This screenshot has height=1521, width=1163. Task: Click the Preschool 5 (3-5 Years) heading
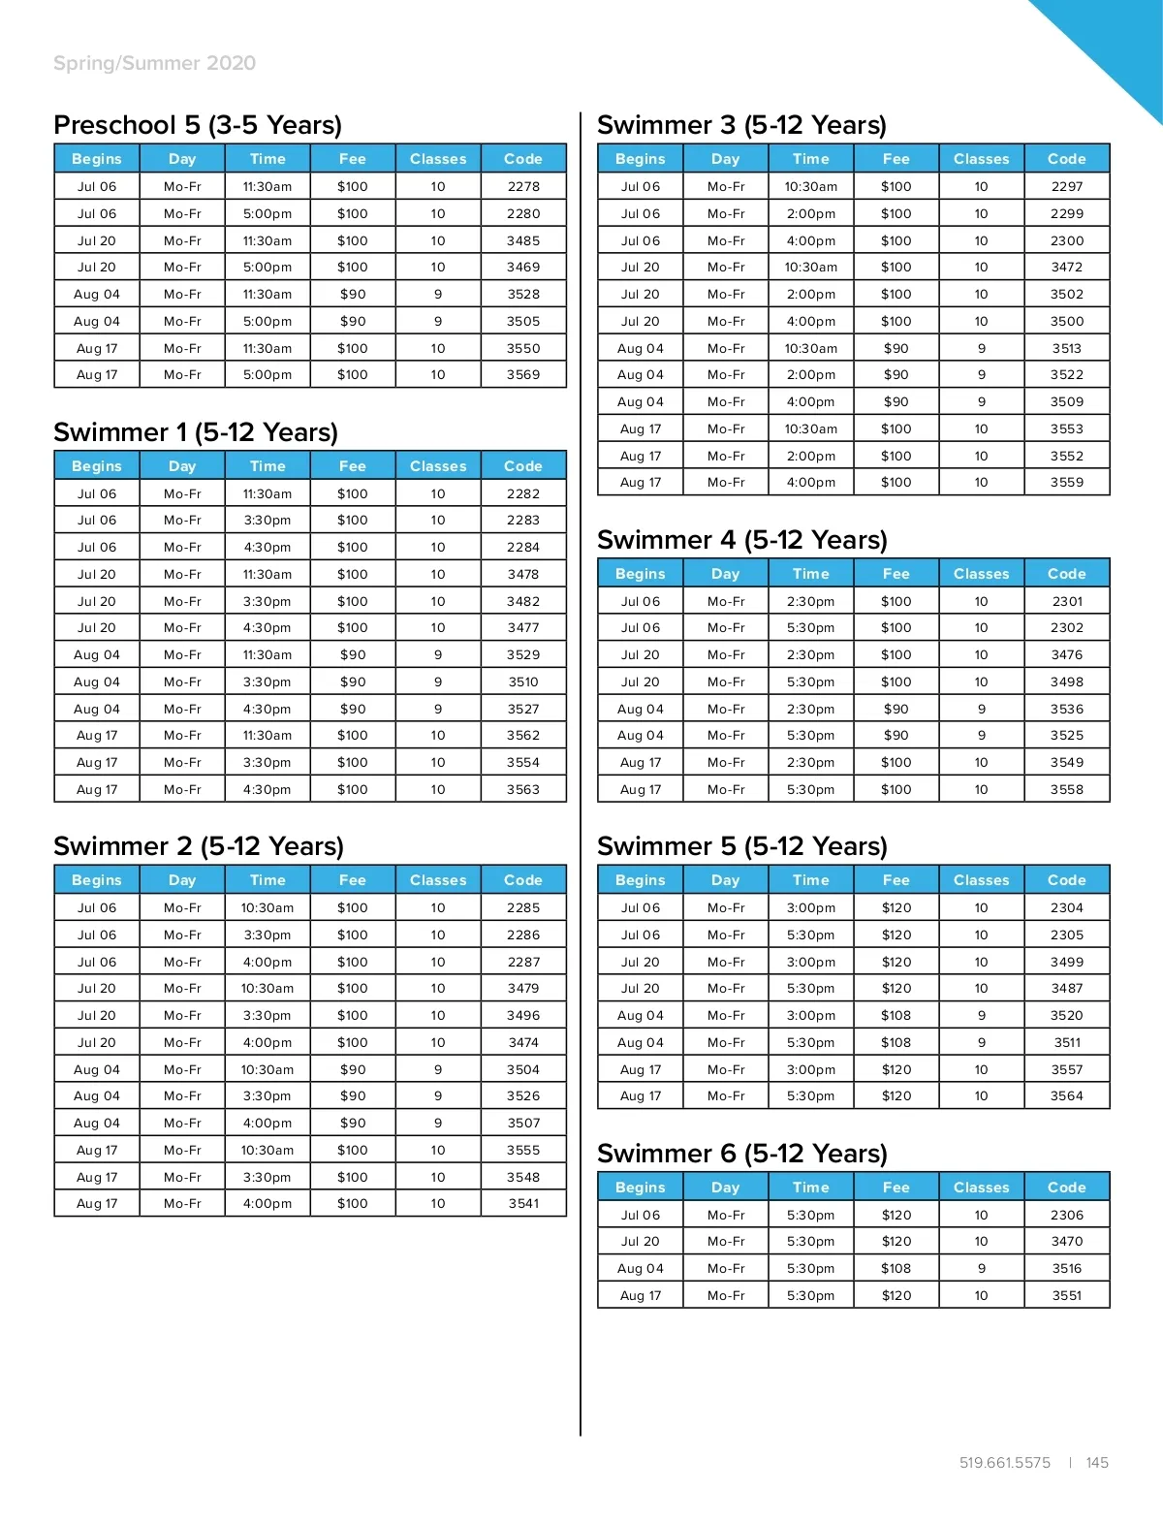pyautogui.click(x=198, y=125)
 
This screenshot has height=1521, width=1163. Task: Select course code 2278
pyautogui.click(x=523, y=186)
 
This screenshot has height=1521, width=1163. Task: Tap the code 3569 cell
pyautogui.click(x=523, y=374)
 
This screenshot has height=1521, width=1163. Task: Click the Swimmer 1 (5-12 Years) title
pyautogui.click(x=196, y=432)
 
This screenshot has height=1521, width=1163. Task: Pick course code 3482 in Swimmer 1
pyautogui.click(x=523, y=601)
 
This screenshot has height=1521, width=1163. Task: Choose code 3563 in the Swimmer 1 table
pyautogui.click(x=523, y=789)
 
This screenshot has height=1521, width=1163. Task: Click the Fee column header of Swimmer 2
pyautogui.click(x=353, y=880)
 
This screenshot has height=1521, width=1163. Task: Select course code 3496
pyautogui.click(x=523, y=1015)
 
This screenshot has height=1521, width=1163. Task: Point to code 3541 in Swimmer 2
pyautogui.click(x=523, y=1203)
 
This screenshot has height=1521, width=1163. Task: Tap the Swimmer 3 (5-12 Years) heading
pyautogui.click(x=741, y=125)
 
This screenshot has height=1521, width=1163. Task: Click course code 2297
pyautogui.click(x=1067, y=186)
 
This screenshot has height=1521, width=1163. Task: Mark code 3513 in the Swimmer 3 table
pyautogui.click(x=1067, y=348)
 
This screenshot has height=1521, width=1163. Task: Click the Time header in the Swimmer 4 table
pyautogui.click(x=811, y=574)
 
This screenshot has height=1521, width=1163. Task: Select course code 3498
pyautogui.click(x=1067, y=681)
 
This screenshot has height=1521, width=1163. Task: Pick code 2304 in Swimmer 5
pyautogui.click(x=1067, y=907)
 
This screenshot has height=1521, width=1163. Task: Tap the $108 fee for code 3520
pyautogui.click(x=896, y=1015)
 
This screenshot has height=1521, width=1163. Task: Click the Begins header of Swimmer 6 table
pyautogui.click(x=641, y=1188)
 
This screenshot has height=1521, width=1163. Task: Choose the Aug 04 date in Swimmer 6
pyautogui.click(x=641, y=1268)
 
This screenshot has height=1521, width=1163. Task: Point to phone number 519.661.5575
pyautogui.click(x=1005, y=1463)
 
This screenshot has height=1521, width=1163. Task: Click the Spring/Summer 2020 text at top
pyautogui.click(x=155, y=63)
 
